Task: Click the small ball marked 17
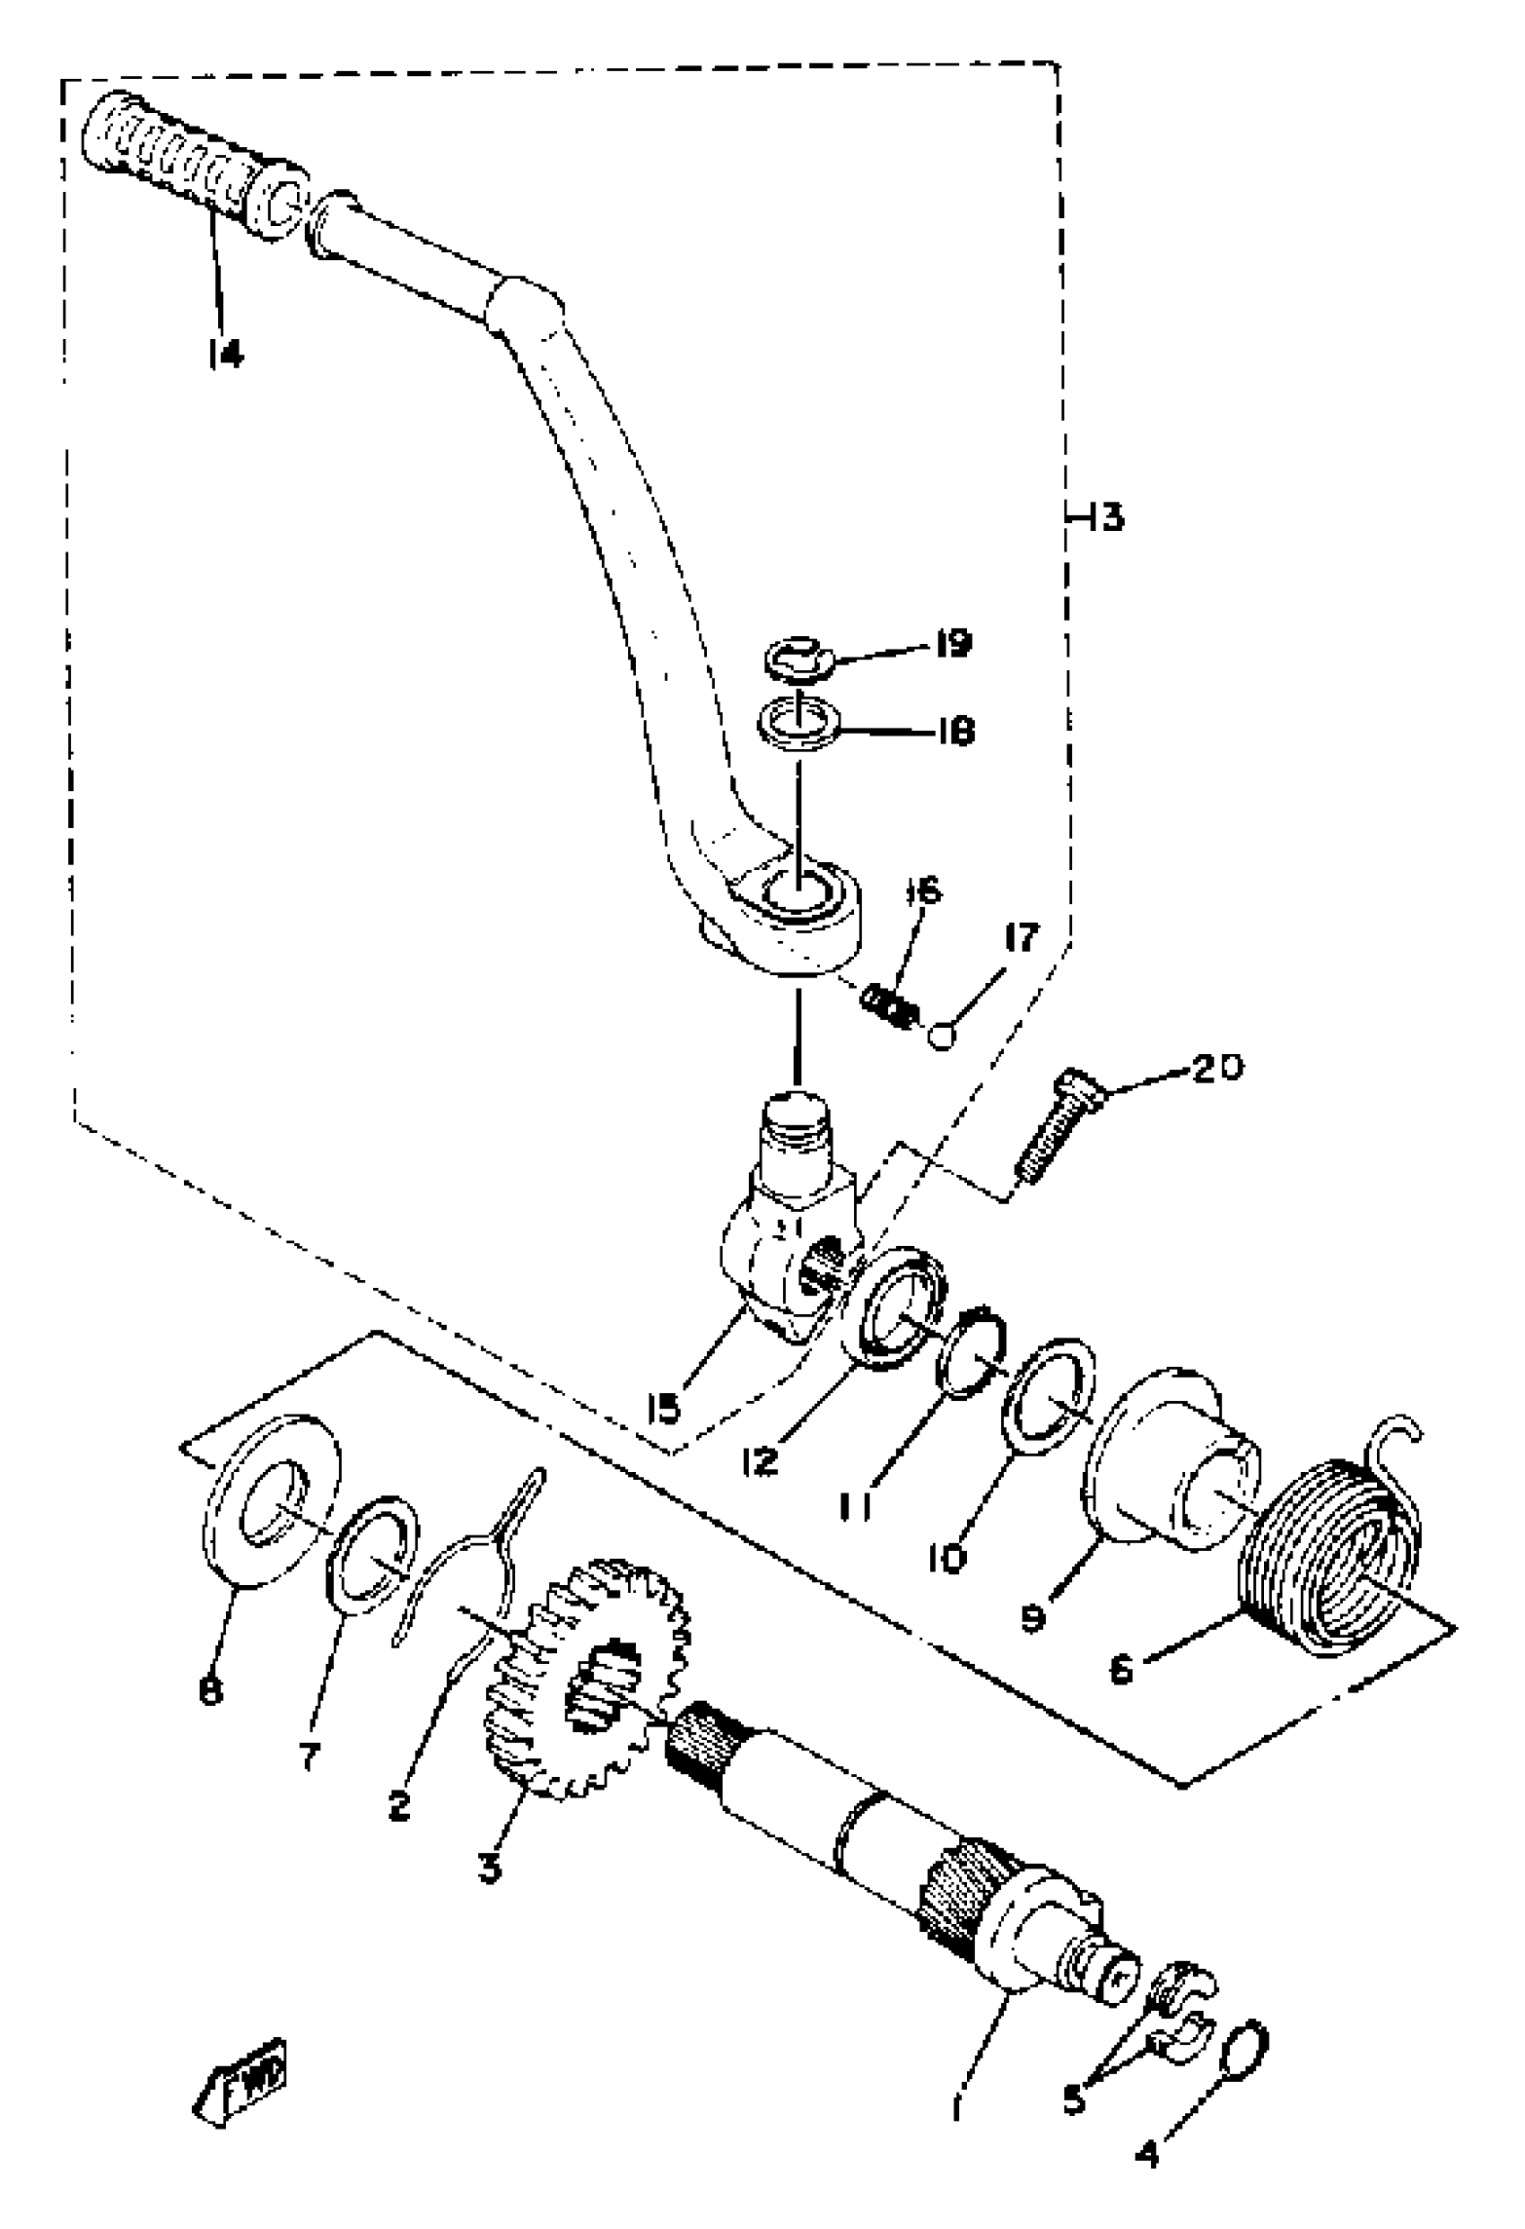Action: pos(942,1037)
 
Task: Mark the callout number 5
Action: pos(1073,2101)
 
